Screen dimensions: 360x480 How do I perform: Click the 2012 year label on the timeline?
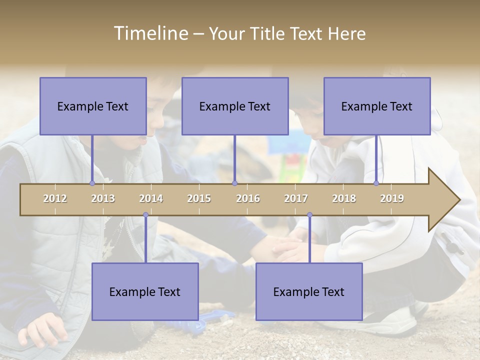pyautogui.click(x=55, y=198)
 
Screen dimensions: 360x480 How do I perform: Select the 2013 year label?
pyautogui.click(x=103, y=198)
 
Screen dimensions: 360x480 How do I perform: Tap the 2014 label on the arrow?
pyautogui.click(x=151, y=198)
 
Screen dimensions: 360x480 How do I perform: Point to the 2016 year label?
pyautogui.click(x=248, y=198)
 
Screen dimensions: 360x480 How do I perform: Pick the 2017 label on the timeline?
pyautogui.click(x=296, y=198)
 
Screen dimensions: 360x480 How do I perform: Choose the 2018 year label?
pyautogui.click(x=344, y=198)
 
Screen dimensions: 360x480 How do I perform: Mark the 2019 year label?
pyautogui.click(x=392, y=198)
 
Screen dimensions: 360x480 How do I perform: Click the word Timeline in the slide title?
pyautogui.click(x=150, y=33)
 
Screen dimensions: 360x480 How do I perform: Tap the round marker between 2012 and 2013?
pyautogui.click(x=92, y=183)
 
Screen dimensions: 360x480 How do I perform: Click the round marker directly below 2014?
pyautogui.click(x=145, y=215)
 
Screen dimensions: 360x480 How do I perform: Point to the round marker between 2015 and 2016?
pyautogui.click(x=234, y=183)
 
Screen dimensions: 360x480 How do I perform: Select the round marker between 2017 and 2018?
pyautogui.click(x=309, y=215)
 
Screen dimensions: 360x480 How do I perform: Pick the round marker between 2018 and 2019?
pyautogui.click(x=376, y=183)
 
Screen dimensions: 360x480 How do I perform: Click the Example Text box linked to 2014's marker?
pyautogui.click(x=145, y=291)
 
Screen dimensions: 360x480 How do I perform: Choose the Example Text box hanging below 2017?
pyautogui.click(x=309, y=291)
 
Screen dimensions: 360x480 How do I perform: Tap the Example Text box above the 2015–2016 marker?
pyautogui.click(x=235, y=106)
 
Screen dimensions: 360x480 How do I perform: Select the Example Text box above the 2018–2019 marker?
pyautogui.click(x=377, y=106)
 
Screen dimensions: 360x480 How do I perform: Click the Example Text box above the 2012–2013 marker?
pyautogui.click(x=93, y=106)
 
